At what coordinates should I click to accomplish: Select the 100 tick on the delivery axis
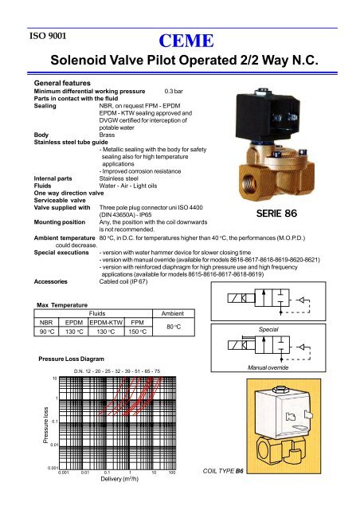click(x=173, y=471)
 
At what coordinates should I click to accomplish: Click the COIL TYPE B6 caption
click(x=224, y=471)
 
